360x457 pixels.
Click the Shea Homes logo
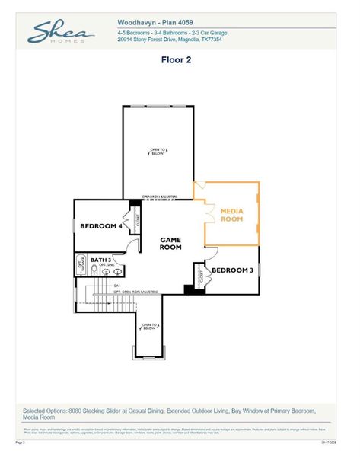coord(61,33)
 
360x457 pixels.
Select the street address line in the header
coord(169,40)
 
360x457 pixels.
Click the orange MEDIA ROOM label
coord(232,214)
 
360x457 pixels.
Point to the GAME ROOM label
coord(170,244)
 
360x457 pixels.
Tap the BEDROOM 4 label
coord(102,226)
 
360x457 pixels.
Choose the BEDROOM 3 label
coord(232,270)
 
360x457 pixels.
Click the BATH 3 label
coord(100,260)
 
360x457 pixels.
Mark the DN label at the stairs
coord(117,286)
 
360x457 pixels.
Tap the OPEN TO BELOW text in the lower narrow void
coord(149,326)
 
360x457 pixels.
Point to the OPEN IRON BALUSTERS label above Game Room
coord(159,197)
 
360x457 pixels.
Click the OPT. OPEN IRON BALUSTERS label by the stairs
coord(140,292)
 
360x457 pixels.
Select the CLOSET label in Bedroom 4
coord(138,222)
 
